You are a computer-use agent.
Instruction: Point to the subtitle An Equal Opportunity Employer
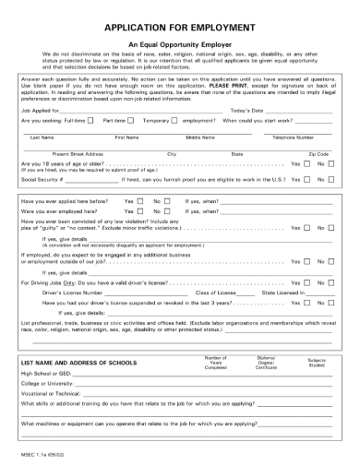pos(179,43)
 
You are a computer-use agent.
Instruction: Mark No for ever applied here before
pos(168,226)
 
